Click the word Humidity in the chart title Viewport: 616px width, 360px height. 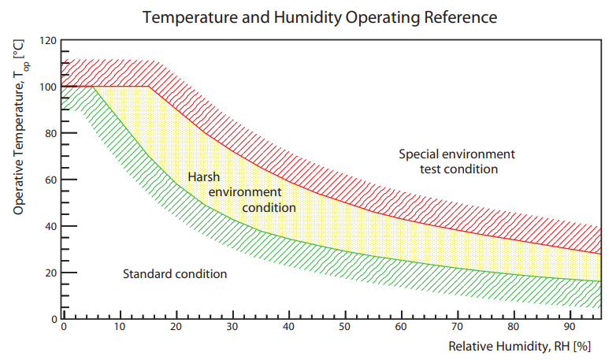point(302,16)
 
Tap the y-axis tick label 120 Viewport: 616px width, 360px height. point(48,40)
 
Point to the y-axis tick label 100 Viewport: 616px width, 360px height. point(48,87)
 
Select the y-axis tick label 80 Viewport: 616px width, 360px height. point(50,133)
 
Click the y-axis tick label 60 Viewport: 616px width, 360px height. point(50,180)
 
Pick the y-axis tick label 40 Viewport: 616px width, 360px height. point(50,226)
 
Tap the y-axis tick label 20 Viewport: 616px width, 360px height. point(50,273)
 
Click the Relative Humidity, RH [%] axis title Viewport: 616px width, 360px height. point(519,346)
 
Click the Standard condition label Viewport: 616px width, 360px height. point(175,274)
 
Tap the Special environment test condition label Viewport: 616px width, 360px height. point(457,161)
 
